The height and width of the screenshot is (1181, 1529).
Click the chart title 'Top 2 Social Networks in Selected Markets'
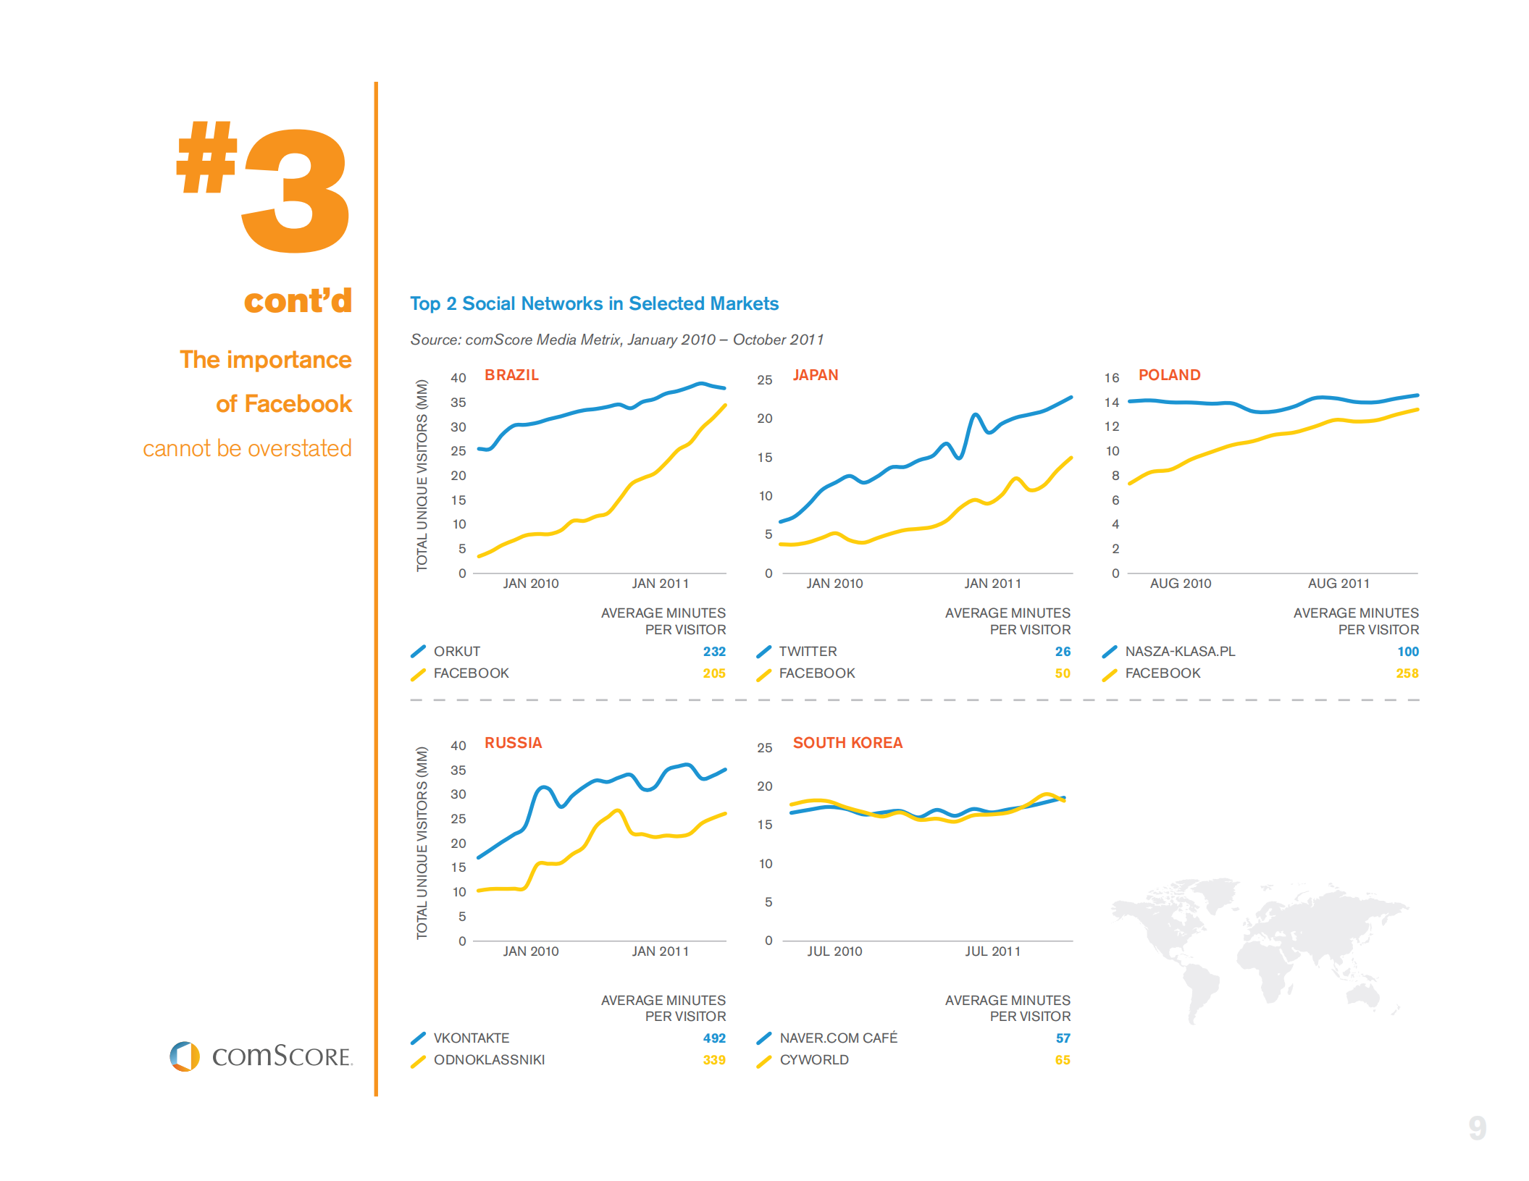pos(594,303)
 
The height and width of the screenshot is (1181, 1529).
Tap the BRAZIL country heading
pos(511,375)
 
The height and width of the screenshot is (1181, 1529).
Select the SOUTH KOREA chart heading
pos(847,743)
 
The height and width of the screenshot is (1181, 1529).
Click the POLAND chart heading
pos(1169,375)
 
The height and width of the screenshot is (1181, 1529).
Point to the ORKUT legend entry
pos(456,652)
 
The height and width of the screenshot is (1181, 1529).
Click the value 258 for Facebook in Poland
pos(1407,673)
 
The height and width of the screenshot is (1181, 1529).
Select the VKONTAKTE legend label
pos(471,1038)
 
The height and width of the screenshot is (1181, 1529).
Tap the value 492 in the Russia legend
pos(713,1038)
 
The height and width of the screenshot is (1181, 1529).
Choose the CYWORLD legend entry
pos(813,1060)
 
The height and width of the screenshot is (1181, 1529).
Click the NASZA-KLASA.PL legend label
pos(1179,652)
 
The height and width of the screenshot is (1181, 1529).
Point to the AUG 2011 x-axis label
pos(1338,584)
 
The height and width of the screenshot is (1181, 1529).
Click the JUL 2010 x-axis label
pos(834,951)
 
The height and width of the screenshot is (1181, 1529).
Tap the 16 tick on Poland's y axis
pos(1111,378)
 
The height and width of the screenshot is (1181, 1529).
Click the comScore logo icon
pos(185,1056)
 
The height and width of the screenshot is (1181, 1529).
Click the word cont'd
pos(298,300)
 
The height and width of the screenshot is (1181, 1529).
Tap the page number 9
pos(1477,1128)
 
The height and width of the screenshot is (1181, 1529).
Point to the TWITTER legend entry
pos(807,652)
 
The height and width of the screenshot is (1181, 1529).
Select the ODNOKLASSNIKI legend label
pos(489,1060)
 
